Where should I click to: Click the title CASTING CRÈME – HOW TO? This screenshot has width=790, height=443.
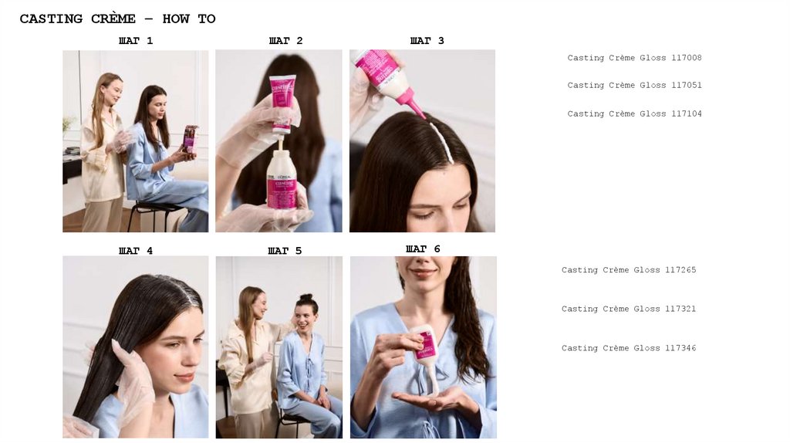(117, 19)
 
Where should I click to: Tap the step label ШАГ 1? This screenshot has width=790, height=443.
(136, 41)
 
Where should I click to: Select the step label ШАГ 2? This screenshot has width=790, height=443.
(285, 41)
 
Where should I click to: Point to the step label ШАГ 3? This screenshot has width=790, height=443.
(427, 41)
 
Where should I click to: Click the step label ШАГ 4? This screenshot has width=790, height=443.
(136, 251)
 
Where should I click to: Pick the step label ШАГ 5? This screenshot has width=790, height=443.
(285, 251)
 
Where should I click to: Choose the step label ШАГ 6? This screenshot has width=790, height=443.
(423, 249)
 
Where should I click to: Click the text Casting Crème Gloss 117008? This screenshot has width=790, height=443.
(634, 58)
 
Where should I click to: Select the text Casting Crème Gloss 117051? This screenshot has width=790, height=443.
(634, 85)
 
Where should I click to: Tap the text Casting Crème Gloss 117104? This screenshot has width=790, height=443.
(634, 114)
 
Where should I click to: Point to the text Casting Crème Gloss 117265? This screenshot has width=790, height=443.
(629, 270)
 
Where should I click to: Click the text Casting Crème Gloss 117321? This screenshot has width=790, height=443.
(629, 309)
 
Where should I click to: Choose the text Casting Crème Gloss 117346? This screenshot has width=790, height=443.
(629, 348)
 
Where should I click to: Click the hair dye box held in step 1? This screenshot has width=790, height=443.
(190, 139)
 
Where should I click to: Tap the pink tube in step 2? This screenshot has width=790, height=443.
(282, 104)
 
